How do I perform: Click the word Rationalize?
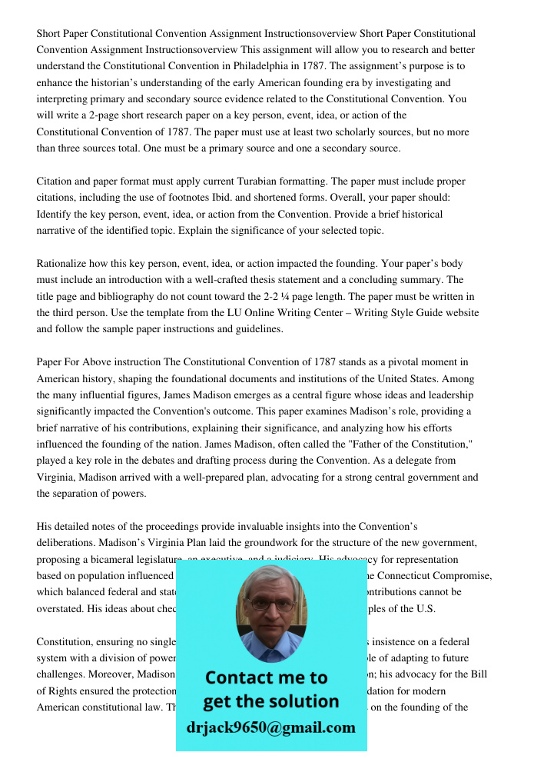(x=64, y=263)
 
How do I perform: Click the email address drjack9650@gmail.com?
(x=270, y=727)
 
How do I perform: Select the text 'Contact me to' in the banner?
(x=266, y=677)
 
